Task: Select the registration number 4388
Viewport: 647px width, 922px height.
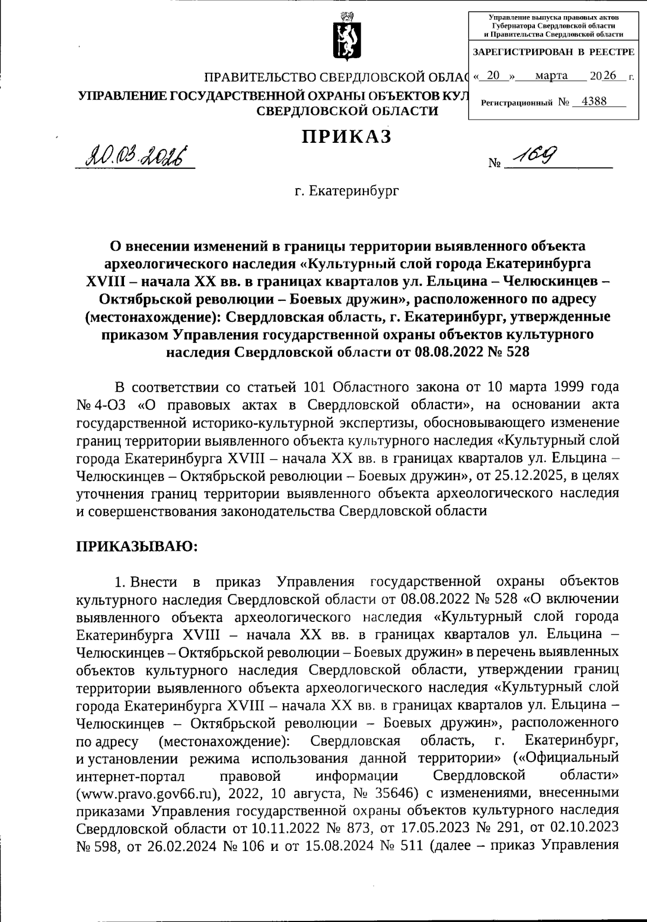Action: [590, 101]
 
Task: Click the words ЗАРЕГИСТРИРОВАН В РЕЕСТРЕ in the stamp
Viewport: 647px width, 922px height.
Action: [553, 52]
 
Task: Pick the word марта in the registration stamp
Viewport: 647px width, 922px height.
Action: [551, 75]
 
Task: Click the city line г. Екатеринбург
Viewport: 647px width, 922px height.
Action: [347, 191]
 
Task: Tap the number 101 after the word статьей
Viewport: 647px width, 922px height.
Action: [316, 387]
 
